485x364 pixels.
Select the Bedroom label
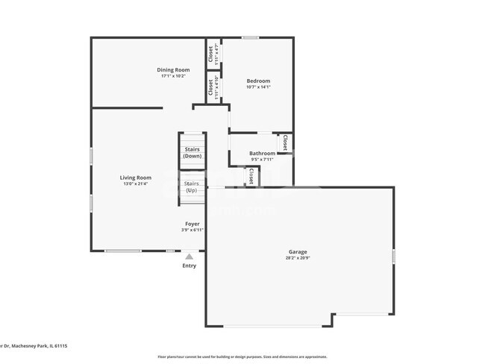coord(259,81)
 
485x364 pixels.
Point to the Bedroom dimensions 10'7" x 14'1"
coord(259,87)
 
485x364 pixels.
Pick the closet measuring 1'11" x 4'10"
coord(212,87)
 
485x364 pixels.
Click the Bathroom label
coord(262,153)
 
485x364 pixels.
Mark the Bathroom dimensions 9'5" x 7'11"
coord(262,160)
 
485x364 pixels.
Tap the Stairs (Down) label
coord(193,152)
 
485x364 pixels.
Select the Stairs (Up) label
coord(192,186)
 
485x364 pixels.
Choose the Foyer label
coord(193,224)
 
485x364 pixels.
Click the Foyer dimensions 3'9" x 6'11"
coord(193,230)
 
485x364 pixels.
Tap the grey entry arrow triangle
coord(190,256)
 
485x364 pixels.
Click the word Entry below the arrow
coord(190,266)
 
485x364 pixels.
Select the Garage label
coord(298,251)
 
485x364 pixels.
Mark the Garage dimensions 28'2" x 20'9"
coord(298,258)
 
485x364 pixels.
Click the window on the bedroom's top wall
coord(250,37)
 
